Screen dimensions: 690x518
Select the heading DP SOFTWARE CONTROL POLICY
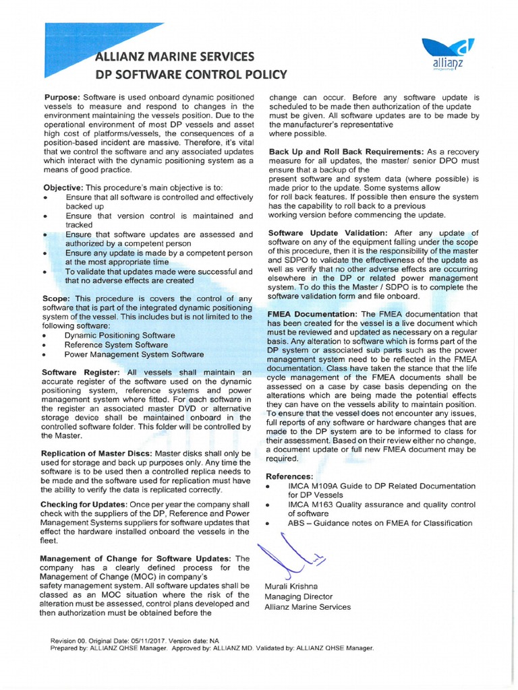pos(192,74)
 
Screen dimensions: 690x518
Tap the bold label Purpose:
pos(63,97)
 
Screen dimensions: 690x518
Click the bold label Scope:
pos(57,299)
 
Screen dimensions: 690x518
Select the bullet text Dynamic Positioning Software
pos(119,335)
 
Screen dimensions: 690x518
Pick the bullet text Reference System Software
pos(116,344)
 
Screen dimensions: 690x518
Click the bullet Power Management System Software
pos(134,354)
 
